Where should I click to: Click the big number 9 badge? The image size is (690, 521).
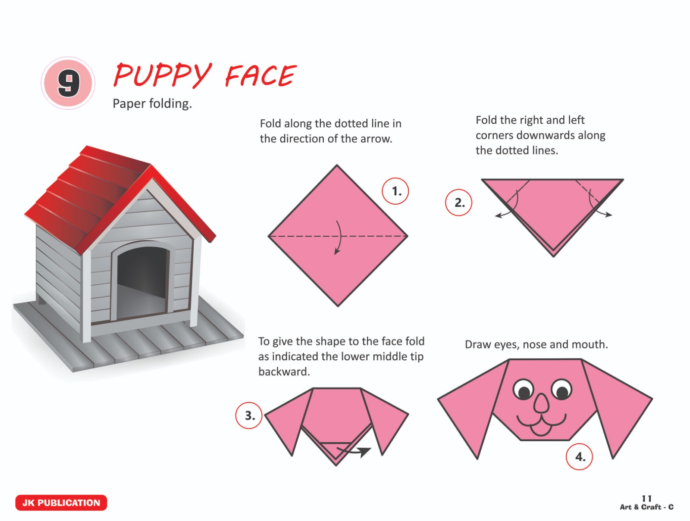tap(68, 83)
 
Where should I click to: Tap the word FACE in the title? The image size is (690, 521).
tap(261, 75)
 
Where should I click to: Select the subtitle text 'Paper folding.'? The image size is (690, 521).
tap(152, 103)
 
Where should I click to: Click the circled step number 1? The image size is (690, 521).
tap(395, 191)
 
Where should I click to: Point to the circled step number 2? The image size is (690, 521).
tap(459, 202)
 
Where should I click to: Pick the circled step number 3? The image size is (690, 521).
tap(249, 415)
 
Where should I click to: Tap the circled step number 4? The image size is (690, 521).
tap(579, 457)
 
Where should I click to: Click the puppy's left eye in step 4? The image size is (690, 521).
tap(523, 390)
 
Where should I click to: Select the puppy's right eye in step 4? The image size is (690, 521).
tap(561, 390)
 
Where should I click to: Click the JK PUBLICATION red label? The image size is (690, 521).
tap(61, 503)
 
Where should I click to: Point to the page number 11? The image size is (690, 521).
tap(646, 499)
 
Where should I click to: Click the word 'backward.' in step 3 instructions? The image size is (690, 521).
tap(284, 372)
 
